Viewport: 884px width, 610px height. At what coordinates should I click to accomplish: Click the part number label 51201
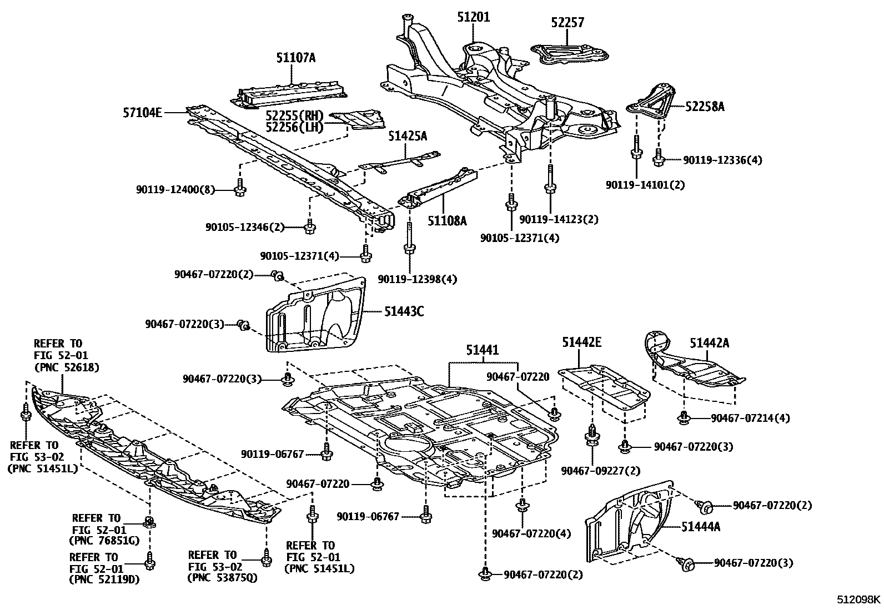tap(473, 17)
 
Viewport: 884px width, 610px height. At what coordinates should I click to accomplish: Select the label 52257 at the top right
tap(567, 23)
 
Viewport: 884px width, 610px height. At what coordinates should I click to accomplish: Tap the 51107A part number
tap(295, 57)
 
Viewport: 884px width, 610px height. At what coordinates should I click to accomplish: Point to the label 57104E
tap(142, 113)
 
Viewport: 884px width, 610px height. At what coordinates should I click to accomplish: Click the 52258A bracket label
tap(705, 107)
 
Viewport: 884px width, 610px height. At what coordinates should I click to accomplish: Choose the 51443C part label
tap(404, 311)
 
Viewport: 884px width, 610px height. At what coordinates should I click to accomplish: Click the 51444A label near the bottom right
tap(701, 527)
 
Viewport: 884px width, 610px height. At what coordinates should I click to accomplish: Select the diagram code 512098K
tap(859, 599)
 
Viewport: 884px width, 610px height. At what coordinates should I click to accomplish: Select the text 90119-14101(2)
tap(645, 185)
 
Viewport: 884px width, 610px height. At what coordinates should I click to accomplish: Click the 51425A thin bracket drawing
tap(400, 162)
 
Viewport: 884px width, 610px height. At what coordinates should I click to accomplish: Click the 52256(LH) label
tap(294, 128)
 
